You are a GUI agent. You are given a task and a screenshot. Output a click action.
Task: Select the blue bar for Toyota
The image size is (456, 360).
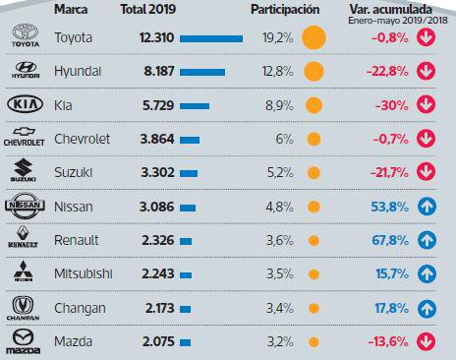(212, 38)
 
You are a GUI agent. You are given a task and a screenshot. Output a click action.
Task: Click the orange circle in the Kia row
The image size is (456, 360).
(313, 105)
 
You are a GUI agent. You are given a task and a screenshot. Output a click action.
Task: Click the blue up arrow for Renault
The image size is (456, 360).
(426, 240)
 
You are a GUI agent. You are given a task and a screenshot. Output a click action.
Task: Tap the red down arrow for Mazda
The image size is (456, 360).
(426, 341)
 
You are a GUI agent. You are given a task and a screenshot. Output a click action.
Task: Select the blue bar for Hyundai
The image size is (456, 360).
(199, 72)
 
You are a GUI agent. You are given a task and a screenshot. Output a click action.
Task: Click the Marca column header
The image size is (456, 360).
(77, 9)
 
